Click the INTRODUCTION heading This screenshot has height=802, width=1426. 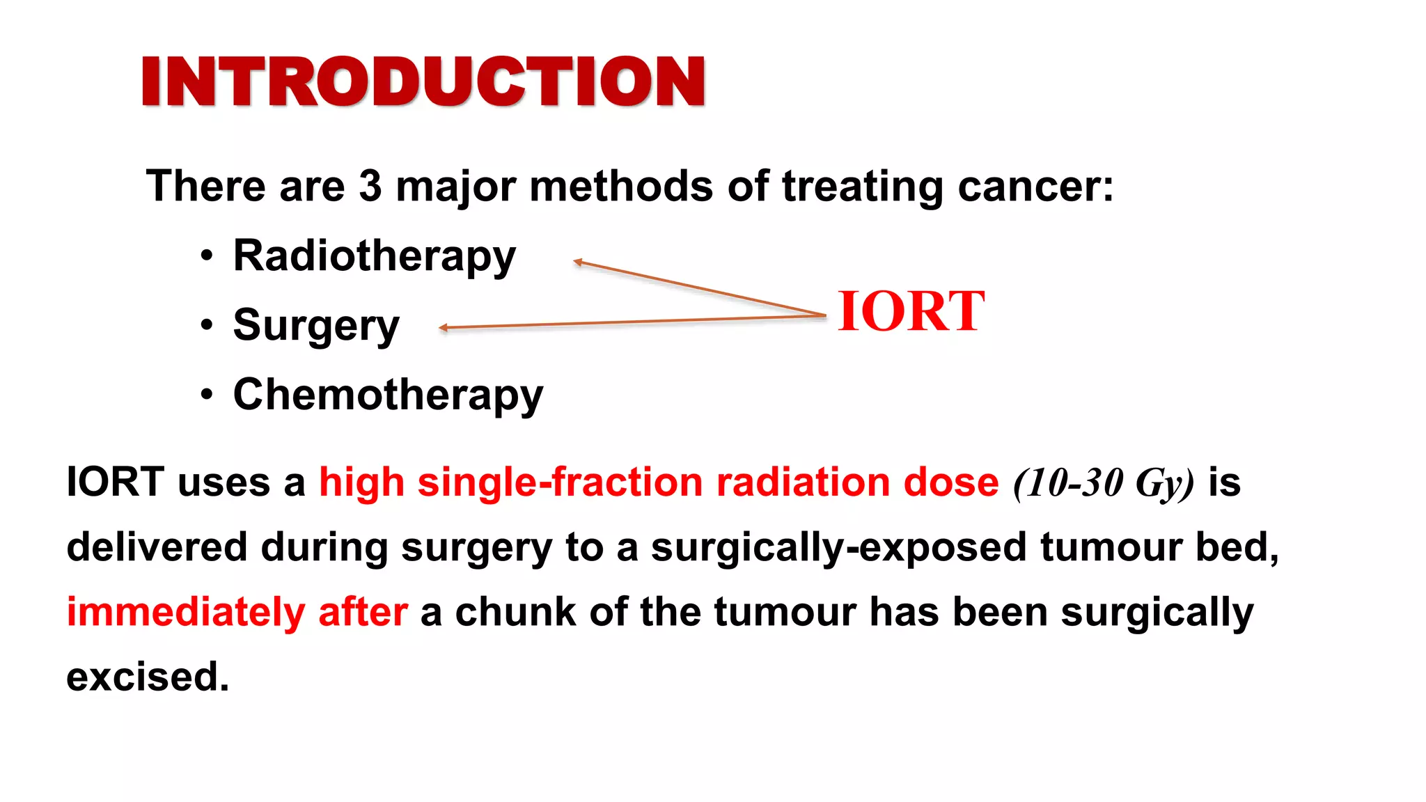pyautogui.click(x=423, y=81)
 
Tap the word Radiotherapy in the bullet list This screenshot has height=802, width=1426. pyautogui.click(x=374, y=256)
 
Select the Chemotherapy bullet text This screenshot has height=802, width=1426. pyautogui.click(x=388, y=395)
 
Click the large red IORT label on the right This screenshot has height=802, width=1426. pyautogui.click(x=911, y=311)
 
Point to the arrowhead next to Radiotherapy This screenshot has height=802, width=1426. pyautogui.click(x=577, y=262)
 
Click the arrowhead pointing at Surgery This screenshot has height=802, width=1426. pyautogui.click(x=443, y=327)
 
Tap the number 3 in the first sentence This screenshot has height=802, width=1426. pyautogui.click(x=370, y=187)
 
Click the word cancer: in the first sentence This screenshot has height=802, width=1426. pyautogui.click(x=1035, y=187)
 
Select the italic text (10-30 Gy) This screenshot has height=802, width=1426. pyautogui.click(x=1104, y=483)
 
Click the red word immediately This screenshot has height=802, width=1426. pyautogui.click(x=185, y=613)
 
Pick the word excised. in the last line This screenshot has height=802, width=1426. pyautogui.click(x=148, y=677)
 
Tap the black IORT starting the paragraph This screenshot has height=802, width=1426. pyautogui.click(x=116, y=482)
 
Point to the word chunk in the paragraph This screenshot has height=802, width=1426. pyautogui.click(x=515, y=613)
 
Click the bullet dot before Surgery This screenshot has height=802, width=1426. pyautogui.click(x=206, y=325)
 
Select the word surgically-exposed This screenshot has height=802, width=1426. pyautogui.click(x=838, y=547)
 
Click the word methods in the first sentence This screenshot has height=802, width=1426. pyautogui.click(x=620, y=187)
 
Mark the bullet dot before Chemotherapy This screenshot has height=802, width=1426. pyautogui.click(x=206, y=395)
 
